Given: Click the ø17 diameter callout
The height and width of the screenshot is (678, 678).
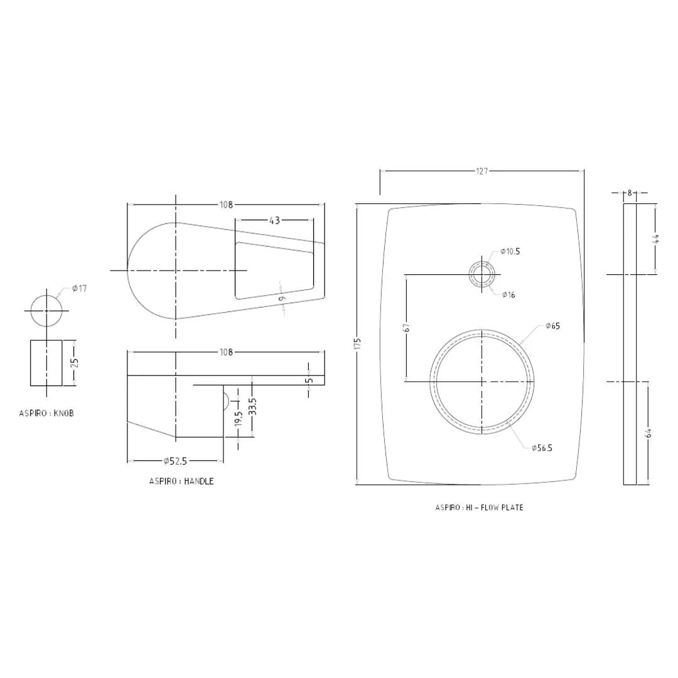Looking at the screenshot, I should [x=79, y=289].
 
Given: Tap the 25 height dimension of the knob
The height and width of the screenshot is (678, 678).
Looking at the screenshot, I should [x=75, y=363].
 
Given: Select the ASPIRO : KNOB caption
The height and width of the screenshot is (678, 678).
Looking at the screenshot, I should [x=46, y=414].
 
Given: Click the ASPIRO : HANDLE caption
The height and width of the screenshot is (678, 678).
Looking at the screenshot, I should [x=181, y=482].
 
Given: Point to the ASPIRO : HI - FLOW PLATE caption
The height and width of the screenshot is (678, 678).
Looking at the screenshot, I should [x=479, y=507].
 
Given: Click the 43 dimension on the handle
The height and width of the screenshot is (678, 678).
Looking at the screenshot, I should [x=274, y=220].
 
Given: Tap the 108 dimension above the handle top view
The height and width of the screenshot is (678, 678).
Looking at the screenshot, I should [x=226, y=205].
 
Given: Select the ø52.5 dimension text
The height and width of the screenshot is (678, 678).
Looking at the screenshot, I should [x=175, y=461].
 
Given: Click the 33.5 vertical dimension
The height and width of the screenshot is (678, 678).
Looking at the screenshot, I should [x=252, y=407].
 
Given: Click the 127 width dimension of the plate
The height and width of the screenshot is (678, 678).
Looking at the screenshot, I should [x=482, y=171].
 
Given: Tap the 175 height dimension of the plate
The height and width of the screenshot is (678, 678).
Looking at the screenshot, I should [x=357, y=344].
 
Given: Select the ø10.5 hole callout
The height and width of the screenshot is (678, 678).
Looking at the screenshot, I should [x=510, y=251].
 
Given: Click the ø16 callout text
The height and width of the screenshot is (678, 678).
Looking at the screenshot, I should [x=508, y=295].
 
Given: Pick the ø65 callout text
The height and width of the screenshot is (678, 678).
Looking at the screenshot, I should [x=552, y=326].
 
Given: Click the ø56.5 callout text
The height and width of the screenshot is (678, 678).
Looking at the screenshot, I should [x=542, y=448].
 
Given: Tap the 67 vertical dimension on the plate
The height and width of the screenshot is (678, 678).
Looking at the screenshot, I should [x=407, y=327].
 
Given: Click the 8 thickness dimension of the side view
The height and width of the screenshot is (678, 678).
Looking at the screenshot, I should [x=630, y=193].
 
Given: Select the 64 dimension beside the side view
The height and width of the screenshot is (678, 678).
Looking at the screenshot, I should [x=648, y=433].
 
